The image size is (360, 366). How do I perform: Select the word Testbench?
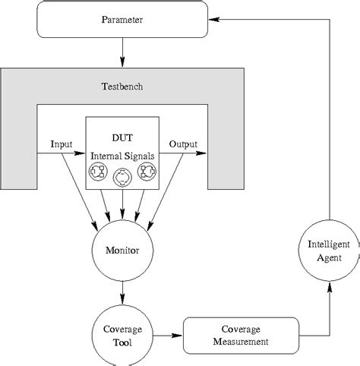(122, 86)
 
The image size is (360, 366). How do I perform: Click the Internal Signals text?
(122, 155)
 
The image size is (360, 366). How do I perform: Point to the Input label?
(62, 144)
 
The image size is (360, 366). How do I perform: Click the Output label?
(182, 144)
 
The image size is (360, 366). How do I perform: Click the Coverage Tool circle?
(122, 335)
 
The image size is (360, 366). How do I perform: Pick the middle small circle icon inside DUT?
(122, 178)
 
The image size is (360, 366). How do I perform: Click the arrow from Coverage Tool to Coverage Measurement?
(169, 335)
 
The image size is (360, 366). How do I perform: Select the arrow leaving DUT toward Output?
(182, 154)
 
